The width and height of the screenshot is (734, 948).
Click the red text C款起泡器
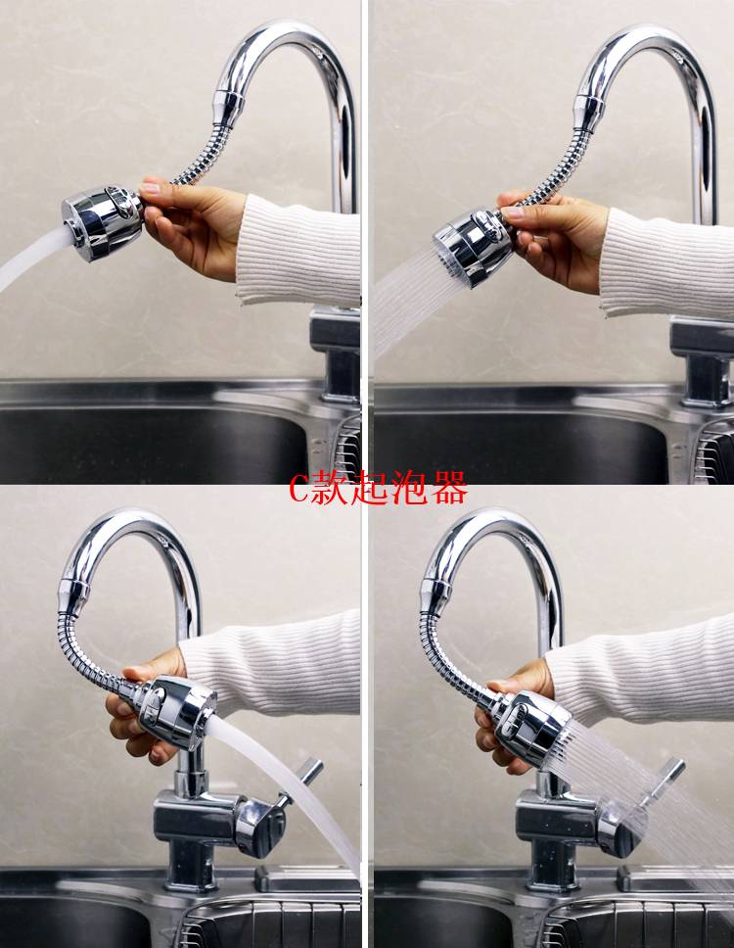point(378,488)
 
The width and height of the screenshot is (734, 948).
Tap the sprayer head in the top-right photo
point(475,245)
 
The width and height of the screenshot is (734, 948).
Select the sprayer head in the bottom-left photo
point(176,711)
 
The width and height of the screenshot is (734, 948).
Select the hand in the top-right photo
point(556,242)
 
